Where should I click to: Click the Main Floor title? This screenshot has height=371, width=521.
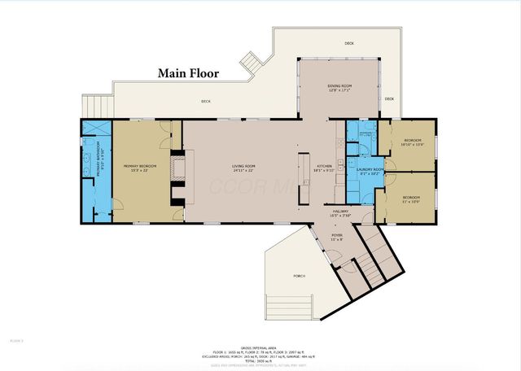click(x=192, y=73)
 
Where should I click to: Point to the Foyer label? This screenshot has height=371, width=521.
click(x=337, y=237)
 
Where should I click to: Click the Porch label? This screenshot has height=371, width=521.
click(x=300, y=277)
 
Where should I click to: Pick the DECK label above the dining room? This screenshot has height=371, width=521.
click(x=348, y=43)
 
